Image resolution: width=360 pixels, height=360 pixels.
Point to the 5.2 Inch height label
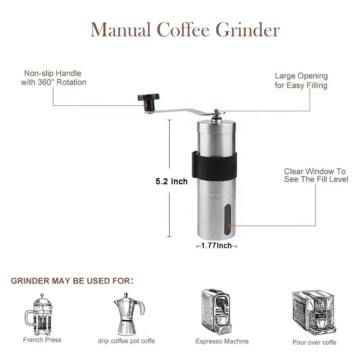pyautogui.click(x=171, y=182)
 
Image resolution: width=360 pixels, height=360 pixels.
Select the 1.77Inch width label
pyautogui.click(x=216, y=246)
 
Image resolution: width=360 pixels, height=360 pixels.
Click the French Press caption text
pyautogui.click(x=42, y=340)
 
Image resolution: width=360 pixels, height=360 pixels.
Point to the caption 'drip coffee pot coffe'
pyautogui.click(x=126, y=341)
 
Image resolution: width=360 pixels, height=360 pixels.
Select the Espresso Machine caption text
pyautogui.click(x=222, y=342)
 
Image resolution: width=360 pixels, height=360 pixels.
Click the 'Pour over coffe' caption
pyautogui.click(x=314, y=342)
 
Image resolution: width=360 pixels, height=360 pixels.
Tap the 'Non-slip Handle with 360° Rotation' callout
pyautogui.click(x=54, y=78)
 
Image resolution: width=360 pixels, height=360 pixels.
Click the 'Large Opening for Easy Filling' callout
pyautogui.click(x=301, y=81)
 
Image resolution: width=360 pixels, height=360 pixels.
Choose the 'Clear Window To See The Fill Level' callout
pyautogui.click(x=316, y=175)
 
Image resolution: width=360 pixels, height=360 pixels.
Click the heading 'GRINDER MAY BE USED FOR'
pyautogui.click(x=72, y=281)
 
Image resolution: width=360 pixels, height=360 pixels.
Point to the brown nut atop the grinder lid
pyautogui.click(x=216, y=110)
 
